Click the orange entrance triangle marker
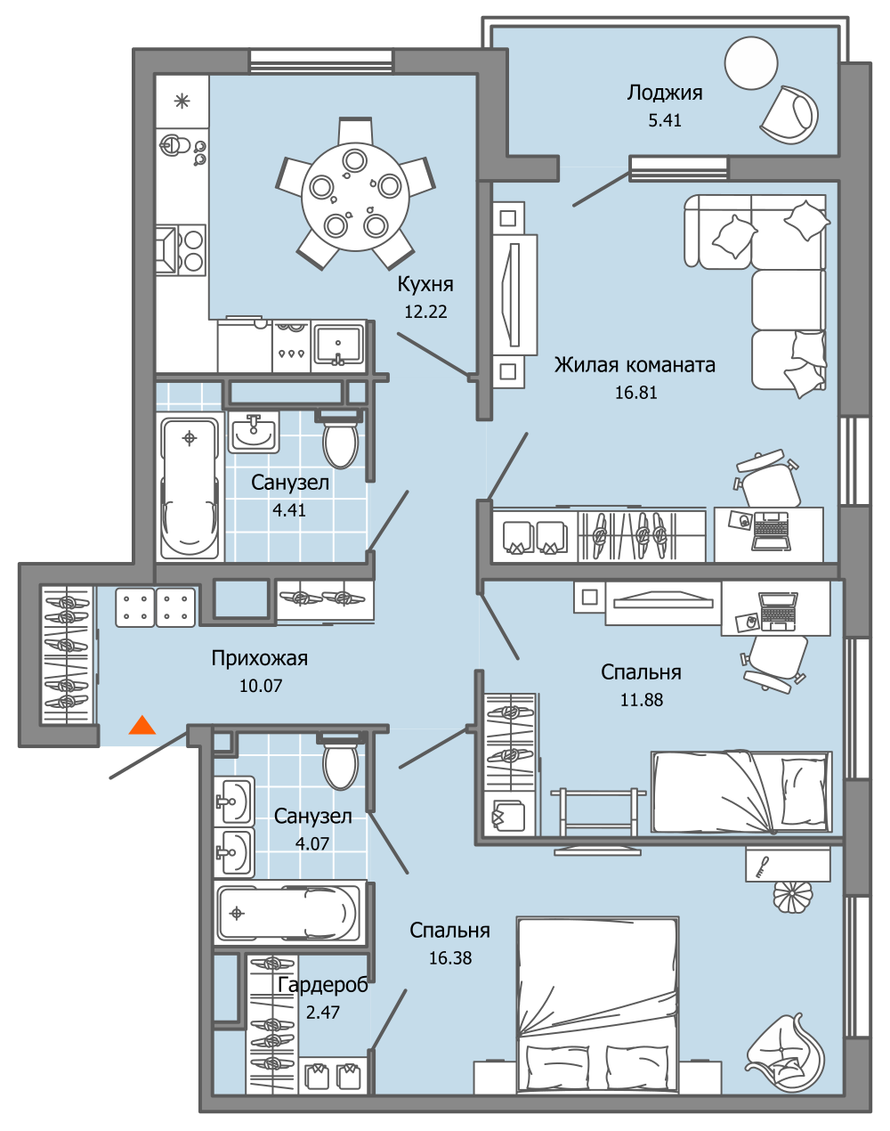142,725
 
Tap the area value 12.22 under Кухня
425,312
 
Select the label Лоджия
665,93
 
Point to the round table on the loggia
751,63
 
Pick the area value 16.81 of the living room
636,392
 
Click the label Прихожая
259,658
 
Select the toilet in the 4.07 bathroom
340,765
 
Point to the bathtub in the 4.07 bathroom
288,913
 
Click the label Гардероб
322,985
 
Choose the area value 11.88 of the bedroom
642,700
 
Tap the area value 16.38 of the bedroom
450,958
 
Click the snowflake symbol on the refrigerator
182,101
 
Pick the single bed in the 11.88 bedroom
741,791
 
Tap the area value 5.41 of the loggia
665,120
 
